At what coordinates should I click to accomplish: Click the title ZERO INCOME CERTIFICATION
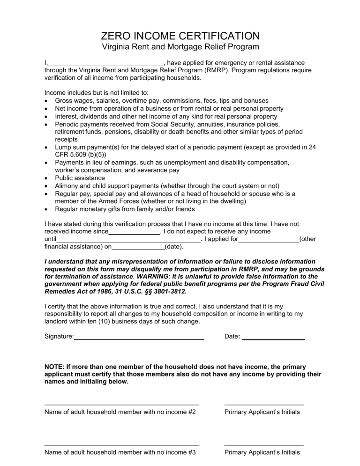pos(180,36)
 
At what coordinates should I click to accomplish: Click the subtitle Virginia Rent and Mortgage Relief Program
pos(180,47)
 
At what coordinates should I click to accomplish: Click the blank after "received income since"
pos(134,232)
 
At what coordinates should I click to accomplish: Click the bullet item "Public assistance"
pos(80,178)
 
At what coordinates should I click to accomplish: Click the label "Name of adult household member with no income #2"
pos(120,412)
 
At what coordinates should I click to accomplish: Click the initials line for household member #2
pos(263,404)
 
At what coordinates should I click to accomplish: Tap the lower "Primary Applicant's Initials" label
pos(262,452)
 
